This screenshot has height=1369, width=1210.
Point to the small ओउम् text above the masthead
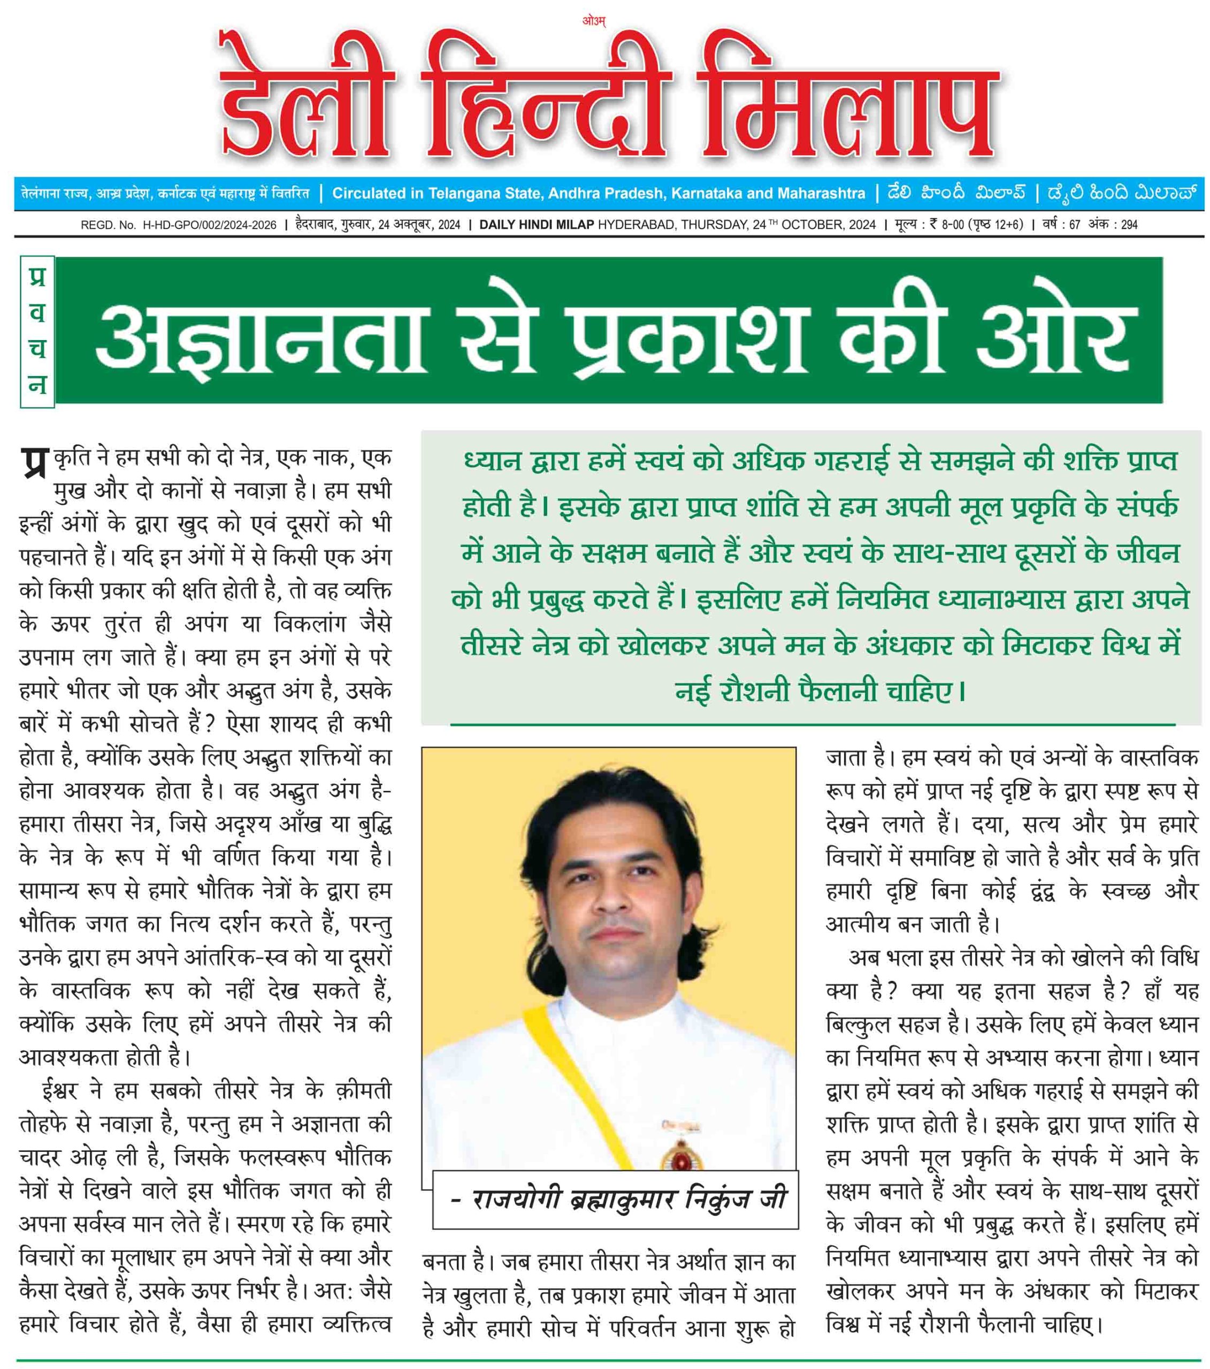594,21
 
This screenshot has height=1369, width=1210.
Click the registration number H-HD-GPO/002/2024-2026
210,225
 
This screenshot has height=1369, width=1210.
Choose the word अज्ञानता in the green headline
261,335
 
